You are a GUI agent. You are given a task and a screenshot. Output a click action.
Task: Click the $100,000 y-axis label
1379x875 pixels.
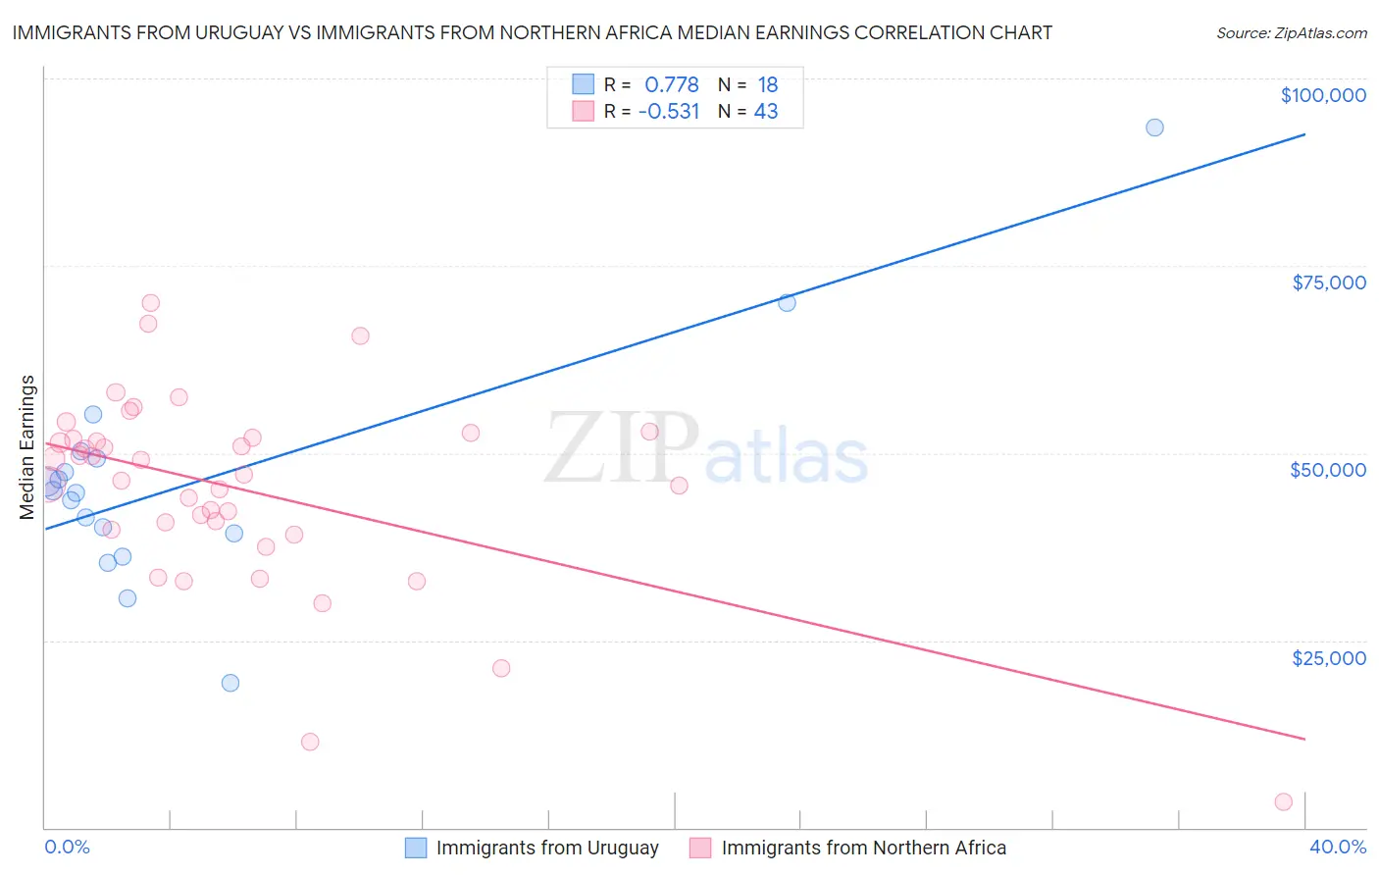1323,95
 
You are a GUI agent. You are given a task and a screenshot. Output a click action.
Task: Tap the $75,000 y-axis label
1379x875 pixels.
1329,283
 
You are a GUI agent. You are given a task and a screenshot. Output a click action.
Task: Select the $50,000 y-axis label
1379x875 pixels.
1328,470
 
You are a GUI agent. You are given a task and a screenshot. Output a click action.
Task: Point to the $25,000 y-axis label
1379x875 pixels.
1329,658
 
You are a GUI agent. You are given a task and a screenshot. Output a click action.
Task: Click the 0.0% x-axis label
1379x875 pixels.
67,847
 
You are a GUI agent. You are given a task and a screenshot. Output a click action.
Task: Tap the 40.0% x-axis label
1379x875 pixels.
1338,847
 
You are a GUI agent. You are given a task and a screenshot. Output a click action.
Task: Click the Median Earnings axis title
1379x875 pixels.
27,447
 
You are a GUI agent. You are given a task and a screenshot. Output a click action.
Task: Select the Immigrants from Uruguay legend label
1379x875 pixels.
547,848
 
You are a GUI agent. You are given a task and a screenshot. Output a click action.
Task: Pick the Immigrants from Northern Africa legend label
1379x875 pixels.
864,848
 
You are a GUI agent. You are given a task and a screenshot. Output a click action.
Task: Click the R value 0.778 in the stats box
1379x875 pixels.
671,85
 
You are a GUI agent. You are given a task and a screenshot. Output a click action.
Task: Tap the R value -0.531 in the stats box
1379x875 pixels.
669,112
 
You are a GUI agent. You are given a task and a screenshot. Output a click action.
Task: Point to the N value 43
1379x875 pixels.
766,112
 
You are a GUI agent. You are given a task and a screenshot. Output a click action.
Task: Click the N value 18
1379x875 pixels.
767,85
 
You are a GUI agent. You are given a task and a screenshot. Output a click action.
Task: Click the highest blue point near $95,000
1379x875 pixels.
1154,128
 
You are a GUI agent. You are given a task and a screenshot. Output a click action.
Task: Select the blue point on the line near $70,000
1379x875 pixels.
787,302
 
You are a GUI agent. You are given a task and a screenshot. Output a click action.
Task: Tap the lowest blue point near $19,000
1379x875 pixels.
230,683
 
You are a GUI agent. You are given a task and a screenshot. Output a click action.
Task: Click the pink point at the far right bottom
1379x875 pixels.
1283,801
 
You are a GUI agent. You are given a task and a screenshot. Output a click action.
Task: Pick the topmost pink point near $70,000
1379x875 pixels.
150,303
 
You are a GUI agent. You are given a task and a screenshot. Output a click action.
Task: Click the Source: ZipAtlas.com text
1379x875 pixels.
1292,33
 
